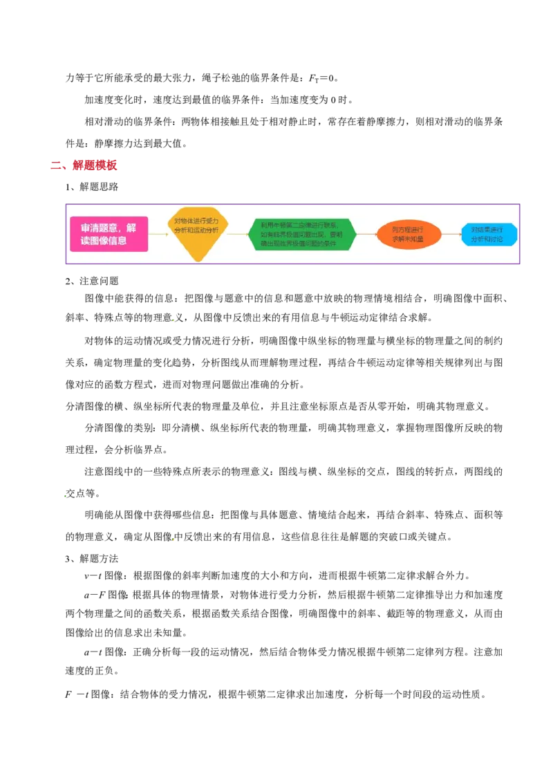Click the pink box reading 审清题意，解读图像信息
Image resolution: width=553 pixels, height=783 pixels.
pos(109,234)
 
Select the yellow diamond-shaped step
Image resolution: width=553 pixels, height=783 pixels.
pos(198,234)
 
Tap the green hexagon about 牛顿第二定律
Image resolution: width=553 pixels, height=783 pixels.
pos(302,234)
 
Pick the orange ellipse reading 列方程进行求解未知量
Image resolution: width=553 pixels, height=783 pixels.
pos(409,234)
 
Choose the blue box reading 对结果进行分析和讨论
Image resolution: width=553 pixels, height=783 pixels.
pos(489,234)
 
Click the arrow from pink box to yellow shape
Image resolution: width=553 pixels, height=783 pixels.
pos(158,234)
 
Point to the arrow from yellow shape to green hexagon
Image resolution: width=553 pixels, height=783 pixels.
pos(238,234)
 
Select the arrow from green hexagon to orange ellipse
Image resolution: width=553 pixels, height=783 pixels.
pos(366,234)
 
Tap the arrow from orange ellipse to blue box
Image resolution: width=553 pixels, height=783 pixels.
pos(451,234)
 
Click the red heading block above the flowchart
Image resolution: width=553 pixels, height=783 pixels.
pos(96,164)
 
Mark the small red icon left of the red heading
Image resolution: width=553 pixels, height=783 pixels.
pos(57,165)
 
